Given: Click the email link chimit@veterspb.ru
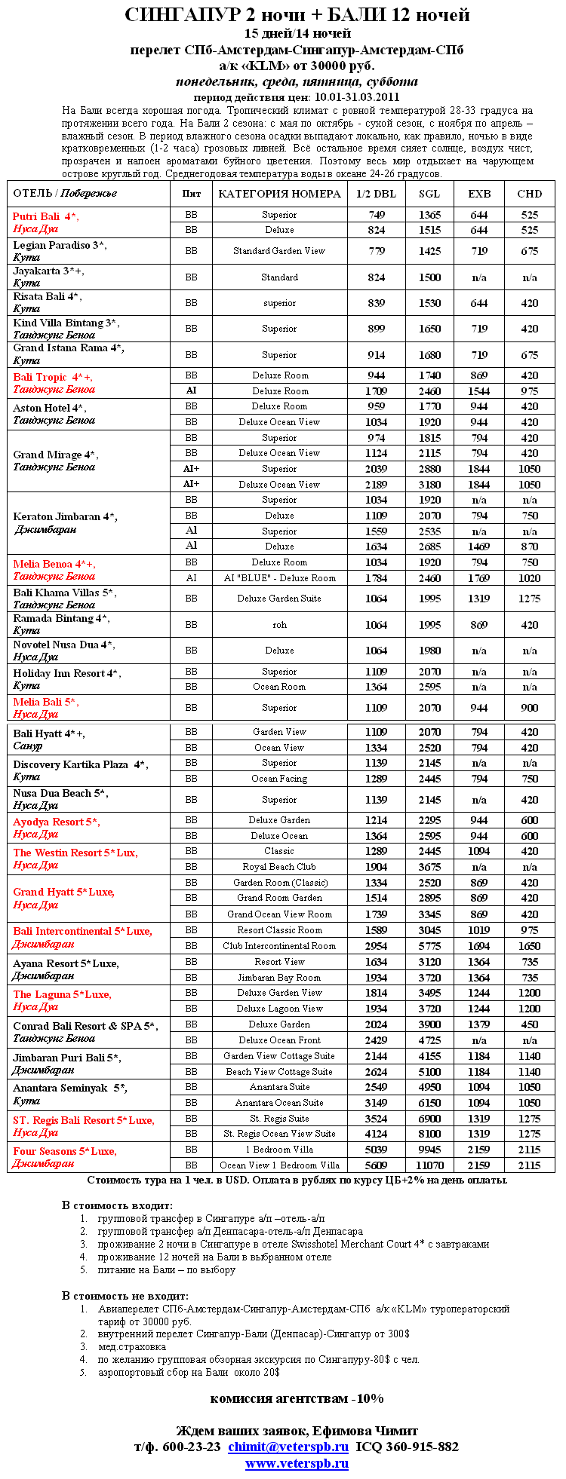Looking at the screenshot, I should click(288, 1446).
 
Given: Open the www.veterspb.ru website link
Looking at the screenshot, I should click(297, 1463).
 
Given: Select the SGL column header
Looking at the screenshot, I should click(429, 194).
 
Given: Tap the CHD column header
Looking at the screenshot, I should click(529, 194).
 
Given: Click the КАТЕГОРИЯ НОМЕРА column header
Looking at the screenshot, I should click(279, 194).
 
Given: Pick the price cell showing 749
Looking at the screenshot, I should click(376, 215).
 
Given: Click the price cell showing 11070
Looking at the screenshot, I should click(429, 1165).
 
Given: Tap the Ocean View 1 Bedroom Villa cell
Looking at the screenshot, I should click(279, 1165).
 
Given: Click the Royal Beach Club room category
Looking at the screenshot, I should click(279, 867).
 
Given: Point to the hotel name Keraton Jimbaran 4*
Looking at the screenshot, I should click(65, 517).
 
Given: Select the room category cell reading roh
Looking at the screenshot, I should click(279, 625).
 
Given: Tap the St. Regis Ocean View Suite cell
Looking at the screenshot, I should click(279, 1134).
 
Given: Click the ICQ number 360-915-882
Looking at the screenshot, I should click(421, 1446).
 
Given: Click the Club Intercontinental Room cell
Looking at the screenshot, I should click(279, 946).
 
